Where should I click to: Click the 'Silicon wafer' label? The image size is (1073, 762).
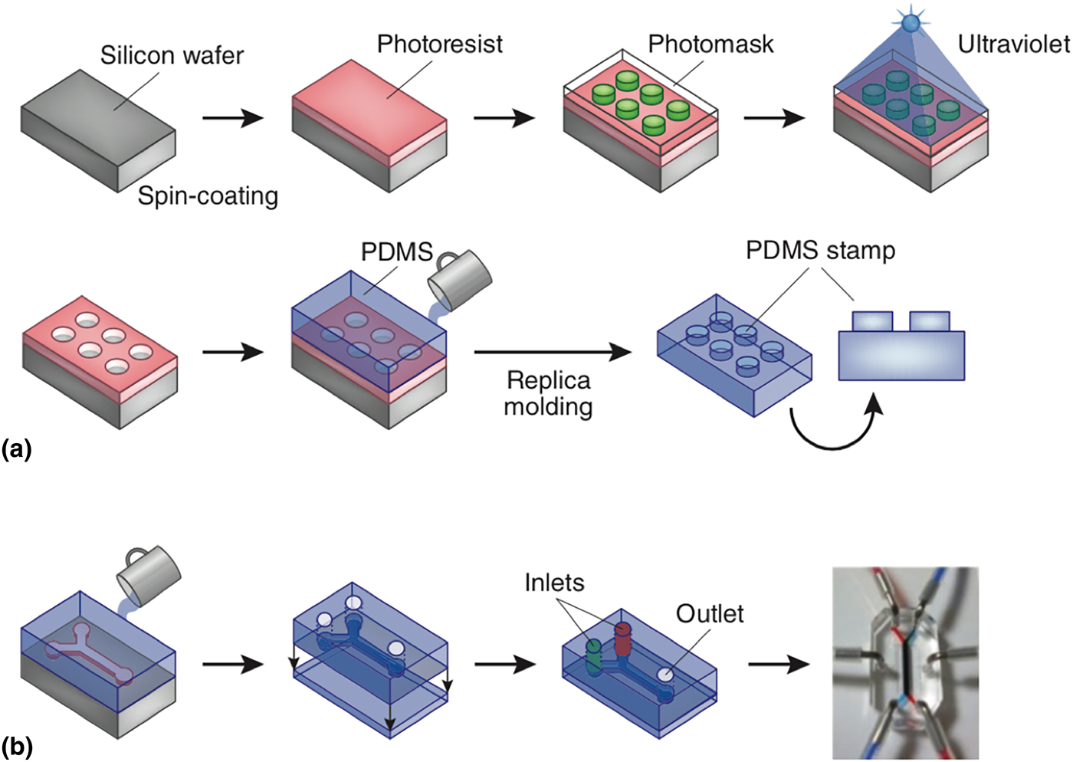point(172,55)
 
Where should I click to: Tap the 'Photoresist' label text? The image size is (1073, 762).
point(439,44)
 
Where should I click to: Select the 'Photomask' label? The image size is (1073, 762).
point(710,44)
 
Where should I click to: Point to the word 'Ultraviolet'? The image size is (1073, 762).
point(1013,44)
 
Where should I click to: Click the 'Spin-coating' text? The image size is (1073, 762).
point(208,196)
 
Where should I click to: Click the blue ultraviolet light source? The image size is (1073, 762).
point(910,23)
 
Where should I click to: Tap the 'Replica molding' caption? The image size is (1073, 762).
point(548,392)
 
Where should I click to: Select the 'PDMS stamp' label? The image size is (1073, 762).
point(820,251)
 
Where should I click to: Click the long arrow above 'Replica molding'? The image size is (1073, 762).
point(553,352)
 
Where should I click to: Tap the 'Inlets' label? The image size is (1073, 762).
point(554,583)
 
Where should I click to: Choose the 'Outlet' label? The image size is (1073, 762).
point(710,613)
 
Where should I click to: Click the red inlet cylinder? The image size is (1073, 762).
point(622,640)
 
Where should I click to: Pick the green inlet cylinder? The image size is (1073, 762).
point(594,656)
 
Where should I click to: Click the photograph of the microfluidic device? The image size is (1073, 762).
point(905,663)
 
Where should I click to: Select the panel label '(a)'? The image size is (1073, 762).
point(17,448)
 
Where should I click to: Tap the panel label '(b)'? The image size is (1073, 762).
point(17,746)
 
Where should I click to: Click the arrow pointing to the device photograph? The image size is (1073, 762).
point(778,664)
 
